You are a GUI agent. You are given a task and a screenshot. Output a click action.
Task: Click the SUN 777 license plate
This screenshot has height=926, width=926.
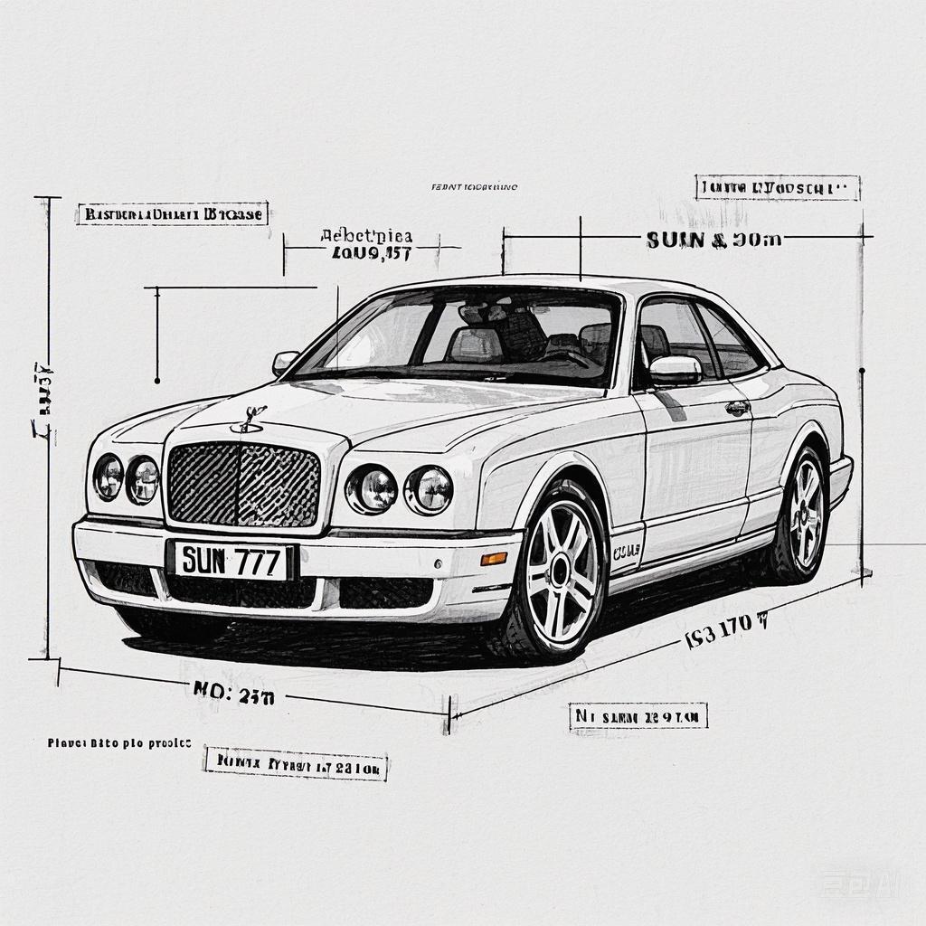tap(232, 562)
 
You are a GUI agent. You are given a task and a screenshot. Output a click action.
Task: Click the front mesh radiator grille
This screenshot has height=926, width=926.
tap(243, 485)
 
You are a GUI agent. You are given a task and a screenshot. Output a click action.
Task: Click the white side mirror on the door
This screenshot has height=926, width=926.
tap(675, 369)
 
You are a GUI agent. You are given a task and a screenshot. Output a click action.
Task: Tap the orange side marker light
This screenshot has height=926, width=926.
tap(494, 558)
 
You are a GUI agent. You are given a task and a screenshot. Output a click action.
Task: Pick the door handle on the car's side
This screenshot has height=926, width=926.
tap(738, 408)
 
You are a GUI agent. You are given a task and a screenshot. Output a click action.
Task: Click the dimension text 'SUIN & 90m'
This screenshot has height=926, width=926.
tap(713, 240)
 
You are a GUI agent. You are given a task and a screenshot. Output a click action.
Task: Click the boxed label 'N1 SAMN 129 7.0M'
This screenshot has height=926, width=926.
tap(638, 717)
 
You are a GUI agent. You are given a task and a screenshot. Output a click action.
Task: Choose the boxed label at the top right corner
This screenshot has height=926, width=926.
tap(777, 188)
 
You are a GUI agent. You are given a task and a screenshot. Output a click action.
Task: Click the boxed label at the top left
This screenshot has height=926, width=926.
tap(172, 214)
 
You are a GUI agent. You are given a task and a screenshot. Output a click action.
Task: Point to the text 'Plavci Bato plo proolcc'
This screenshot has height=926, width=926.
tap(118, 742)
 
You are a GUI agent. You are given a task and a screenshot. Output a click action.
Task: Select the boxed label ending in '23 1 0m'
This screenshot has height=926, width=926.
tap(295, 764)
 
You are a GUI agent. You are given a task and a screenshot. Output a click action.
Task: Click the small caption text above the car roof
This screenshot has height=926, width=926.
tap(474, 187)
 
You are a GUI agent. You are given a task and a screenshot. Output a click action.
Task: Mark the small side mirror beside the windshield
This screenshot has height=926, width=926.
tap(285, 361)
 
